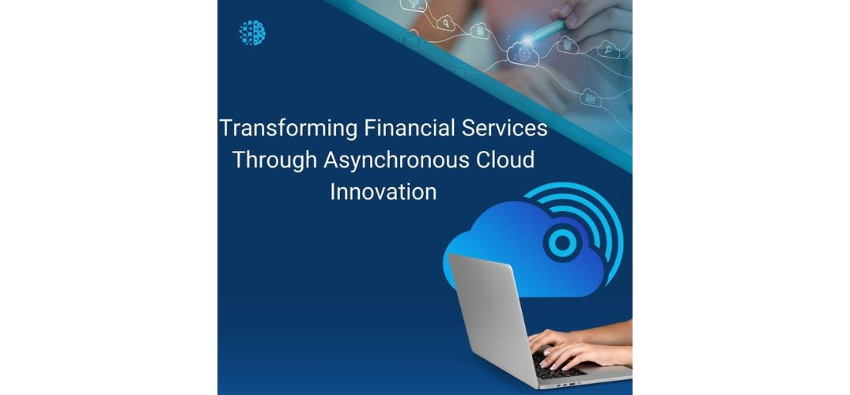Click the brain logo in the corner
tap(252, 32)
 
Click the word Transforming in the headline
tap(289, 130)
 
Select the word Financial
tap(410, 129)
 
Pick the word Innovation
tap(383, 192)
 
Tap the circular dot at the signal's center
tap(563, 243)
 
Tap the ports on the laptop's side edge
tap(570, 384)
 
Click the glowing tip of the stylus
tap(527, 39)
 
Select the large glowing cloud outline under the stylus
tap(523, 55)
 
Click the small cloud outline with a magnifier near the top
tap(446, 23)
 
